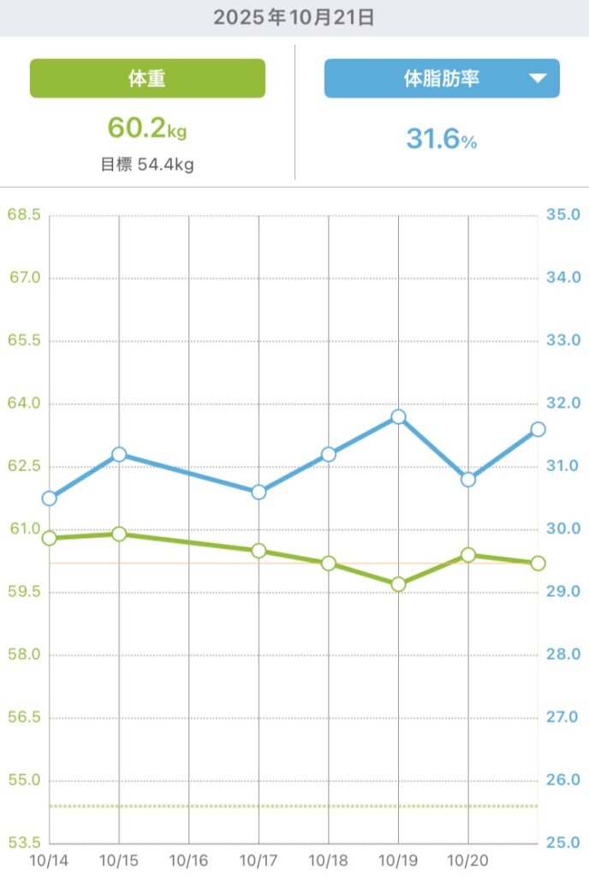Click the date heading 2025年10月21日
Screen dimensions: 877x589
294,18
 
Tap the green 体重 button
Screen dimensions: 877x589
147,79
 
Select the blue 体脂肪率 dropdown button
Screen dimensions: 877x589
441,79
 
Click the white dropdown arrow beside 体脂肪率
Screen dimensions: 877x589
537,79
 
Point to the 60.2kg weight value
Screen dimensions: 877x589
146,128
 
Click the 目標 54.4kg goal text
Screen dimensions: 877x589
146,164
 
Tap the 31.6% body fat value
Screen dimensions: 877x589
441,139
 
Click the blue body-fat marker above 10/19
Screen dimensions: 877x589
398,417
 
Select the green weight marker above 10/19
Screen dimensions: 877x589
398,584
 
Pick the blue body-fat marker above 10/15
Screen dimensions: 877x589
119,454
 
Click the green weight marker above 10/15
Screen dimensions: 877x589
119,534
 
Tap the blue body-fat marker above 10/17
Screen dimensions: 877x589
259,492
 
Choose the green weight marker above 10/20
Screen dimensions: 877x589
468,555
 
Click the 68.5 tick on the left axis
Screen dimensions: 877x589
24,215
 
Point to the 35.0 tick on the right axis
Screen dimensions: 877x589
563,215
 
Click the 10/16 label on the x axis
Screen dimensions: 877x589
189,859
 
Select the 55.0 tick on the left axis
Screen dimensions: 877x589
24,780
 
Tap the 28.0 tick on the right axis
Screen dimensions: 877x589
563,655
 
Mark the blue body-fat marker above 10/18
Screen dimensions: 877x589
329,454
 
